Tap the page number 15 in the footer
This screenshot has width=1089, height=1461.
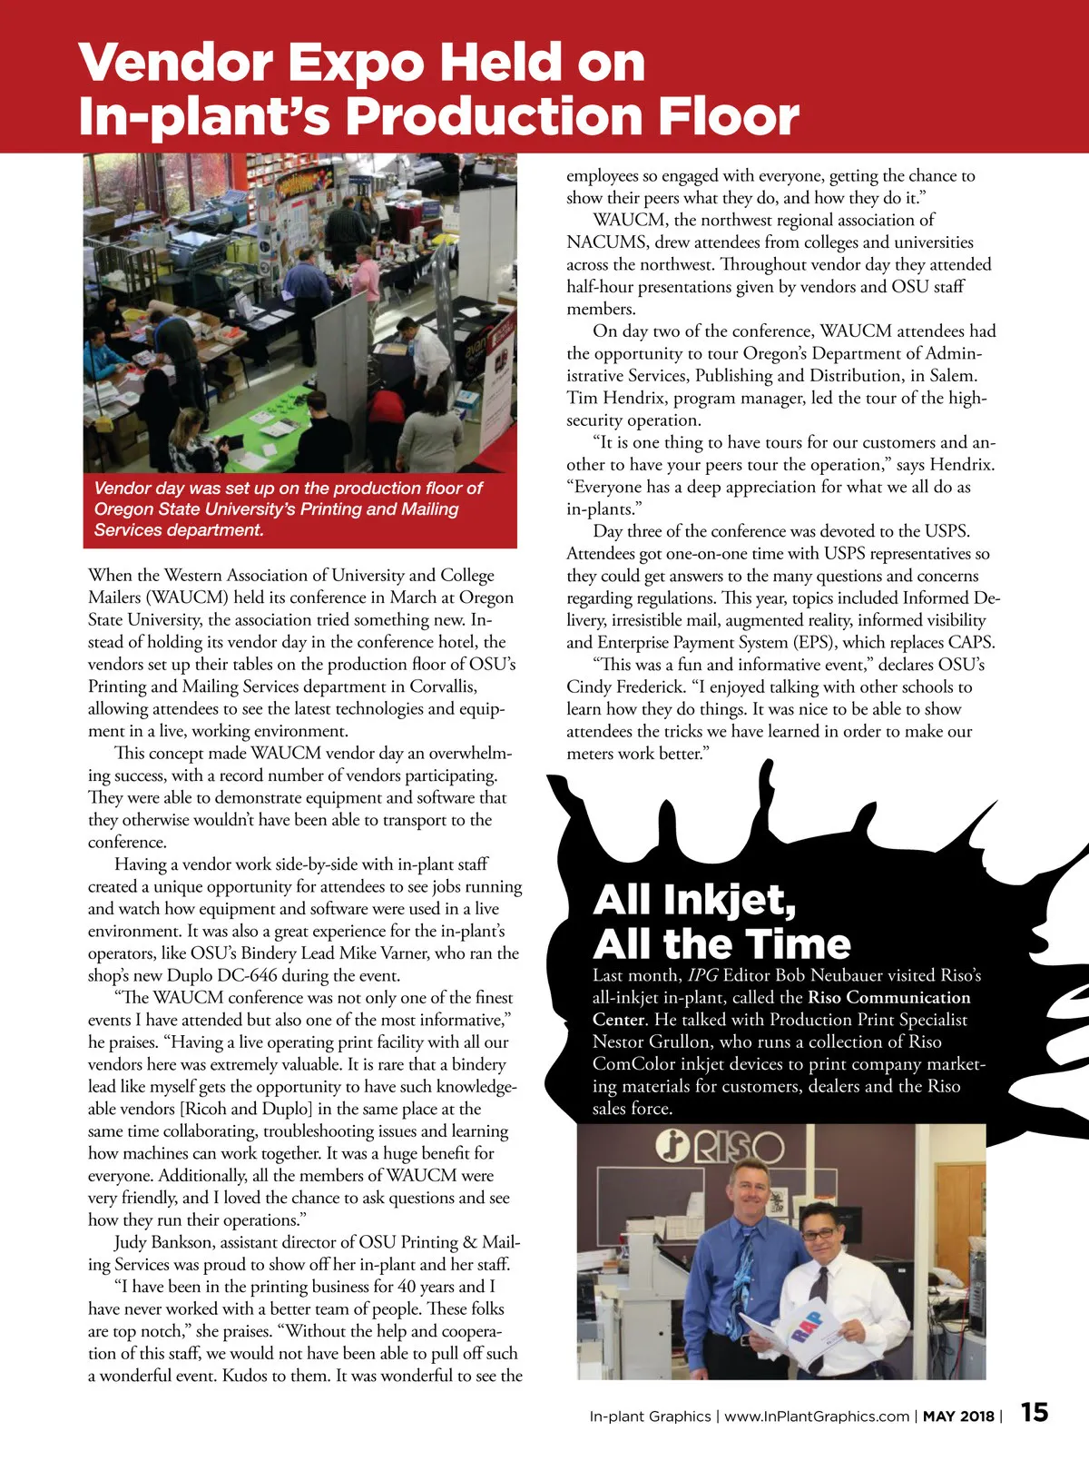tap(1035, 1412)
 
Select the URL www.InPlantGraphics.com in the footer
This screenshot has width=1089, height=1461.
tap(817, 1417)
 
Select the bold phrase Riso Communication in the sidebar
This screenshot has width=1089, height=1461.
tap(889, 998)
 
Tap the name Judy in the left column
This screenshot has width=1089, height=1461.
tap(131, 1242)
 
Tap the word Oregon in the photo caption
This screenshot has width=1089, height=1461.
tap(124, 509)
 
